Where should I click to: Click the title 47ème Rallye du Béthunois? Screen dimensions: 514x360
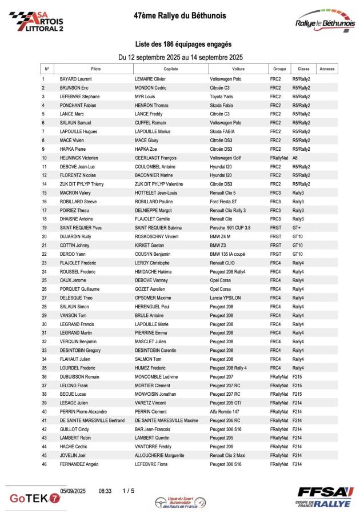(x=179, y=16)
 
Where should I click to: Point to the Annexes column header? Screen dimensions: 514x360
(x=327, y=69)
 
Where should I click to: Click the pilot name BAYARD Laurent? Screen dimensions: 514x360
(x=76, y=79)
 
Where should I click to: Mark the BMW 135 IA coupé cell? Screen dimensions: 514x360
(x=230, y=254)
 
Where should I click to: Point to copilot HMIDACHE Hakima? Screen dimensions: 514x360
(x=154, y=271)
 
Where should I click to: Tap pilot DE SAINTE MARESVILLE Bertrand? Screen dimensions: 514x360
(x=92, y=420)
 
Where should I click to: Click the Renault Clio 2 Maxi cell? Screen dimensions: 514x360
(x=231, y=455)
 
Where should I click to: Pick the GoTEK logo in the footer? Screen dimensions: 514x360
(x=35, y=497)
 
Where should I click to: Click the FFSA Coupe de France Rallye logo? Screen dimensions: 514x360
(x=325, y=497)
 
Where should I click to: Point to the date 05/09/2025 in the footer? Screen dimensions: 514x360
(x=73, y=490)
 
